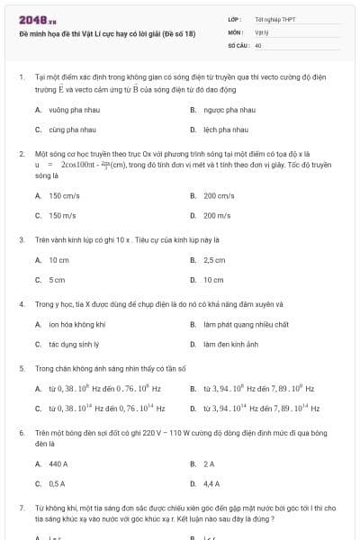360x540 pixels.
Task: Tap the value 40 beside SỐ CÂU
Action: [258, 44]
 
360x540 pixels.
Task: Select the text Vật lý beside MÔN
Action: [263, 31]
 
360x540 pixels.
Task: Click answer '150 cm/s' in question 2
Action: [65, 195]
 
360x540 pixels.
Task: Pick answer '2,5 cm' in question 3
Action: [214, 260]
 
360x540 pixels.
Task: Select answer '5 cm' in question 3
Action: [57, 280]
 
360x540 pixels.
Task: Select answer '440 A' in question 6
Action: [58, 463]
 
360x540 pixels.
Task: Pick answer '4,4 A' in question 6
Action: [212, 483]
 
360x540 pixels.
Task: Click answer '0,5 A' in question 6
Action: [58, 483]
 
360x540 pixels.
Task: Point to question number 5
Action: [22, 368]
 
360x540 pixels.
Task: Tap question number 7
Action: [22, 508]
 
